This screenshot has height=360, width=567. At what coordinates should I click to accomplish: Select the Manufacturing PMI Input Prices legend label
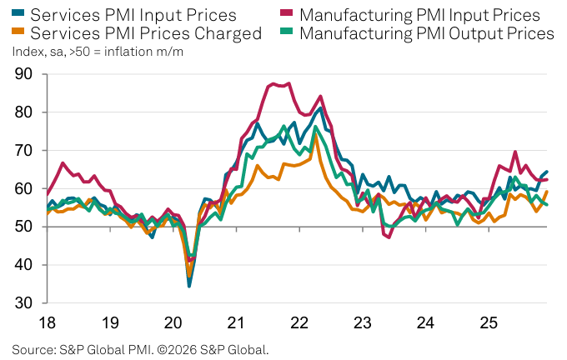pyautogui.click(x=419, y=15)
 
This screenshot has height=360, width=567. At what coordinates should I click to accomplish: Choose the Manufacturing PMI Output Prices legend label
pyautogui.click(x=426, y=33)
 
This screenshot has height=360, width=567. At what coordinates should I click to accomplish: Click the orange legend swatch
pyautogui.click(x=18, y=33)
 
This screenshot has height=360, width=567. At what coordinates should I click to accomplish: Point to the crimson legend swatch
pyautogui.click(x=289, y=15)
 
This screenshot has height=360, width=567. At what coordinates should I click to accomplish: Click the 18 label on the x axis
pyautogui.click(x=47, y=322)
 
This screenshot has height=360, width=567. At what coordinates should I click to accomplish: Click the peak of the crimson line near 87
pyautogui.click(x=289, y=83)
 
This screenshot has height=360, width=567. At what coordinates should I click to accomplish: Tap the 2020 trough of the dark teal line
pyautogui.click(x=189, y=286)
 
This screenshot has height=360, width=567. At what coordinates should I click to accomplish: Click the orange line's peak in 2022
pyautogui.click(x=314, y=135)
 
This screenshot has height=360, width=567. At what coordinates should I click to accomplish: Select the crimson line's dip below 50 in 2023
pyautogui.click(x=389, y=237)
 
